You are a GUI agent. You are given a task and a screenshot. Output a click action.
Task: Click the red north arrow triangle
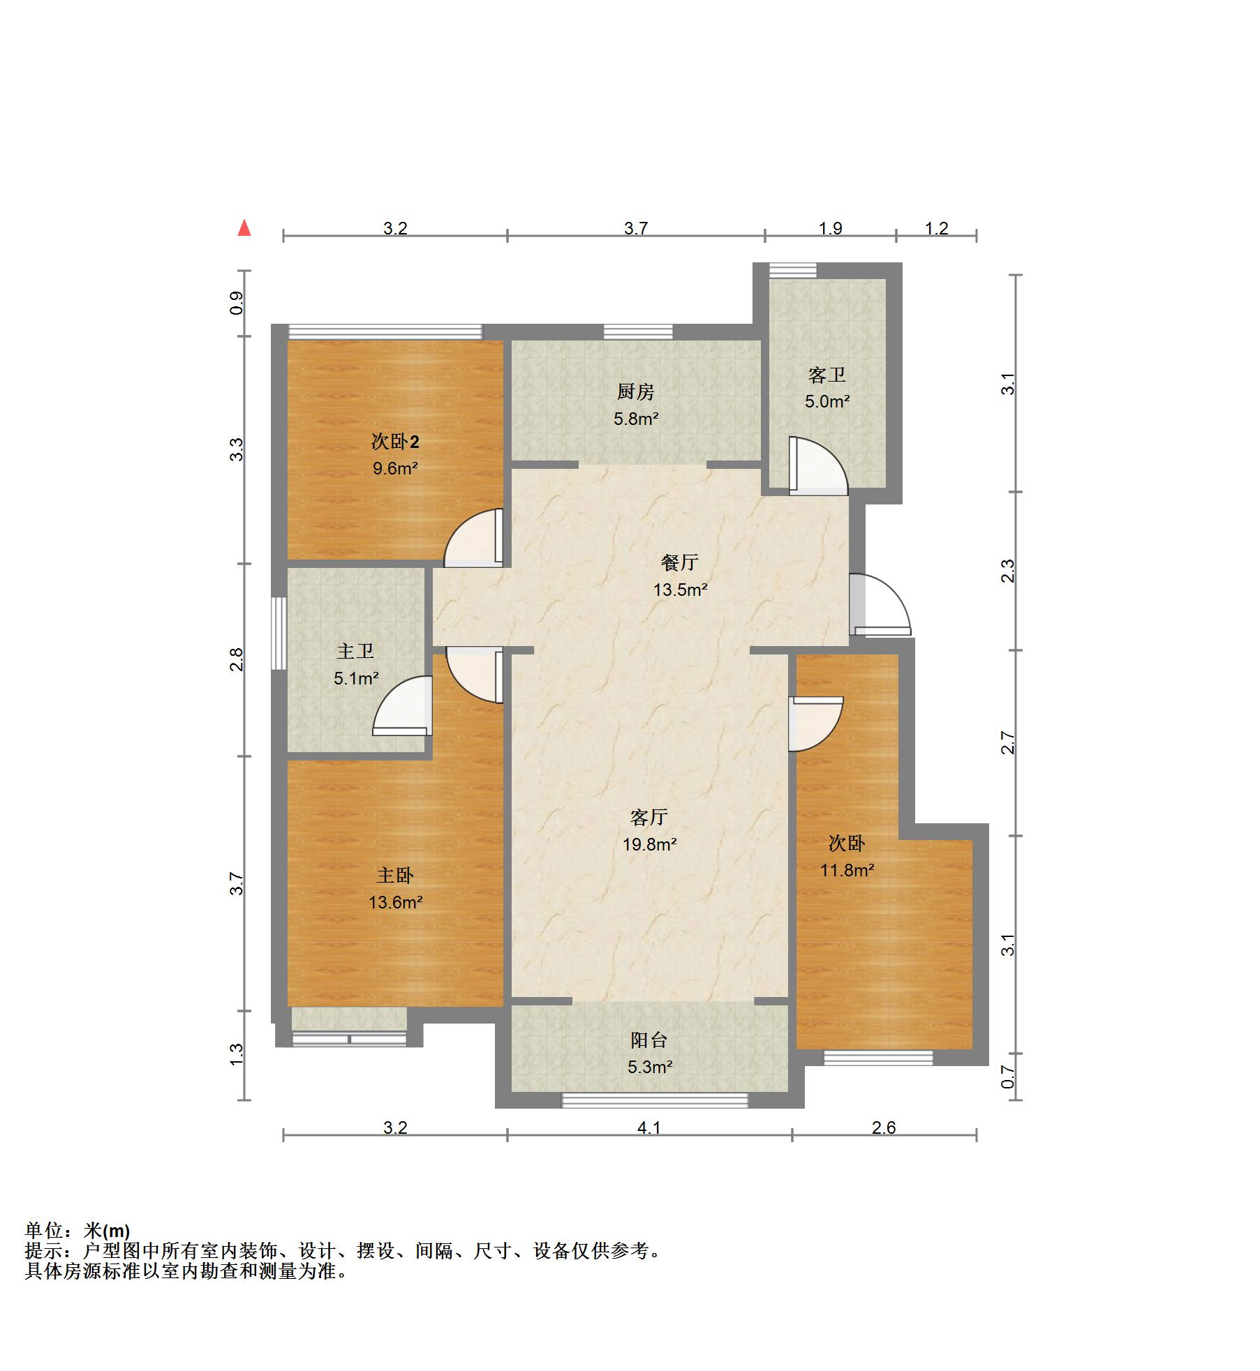[244, 228]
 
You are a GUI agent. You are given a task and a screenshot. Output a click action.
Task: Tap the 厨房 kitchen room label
[635, 392]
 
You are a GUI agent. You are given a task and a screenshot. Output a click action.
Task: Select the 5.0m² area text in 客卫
[827, 402]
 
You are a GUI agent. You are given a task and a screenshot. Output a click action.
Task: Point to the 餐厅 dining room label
[679, 562]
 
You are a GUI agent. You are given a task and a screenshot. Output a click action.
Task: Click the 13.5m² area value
[680, 590]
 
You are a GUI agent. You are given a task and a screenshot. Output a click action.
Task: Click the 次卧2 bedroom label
[395, 442]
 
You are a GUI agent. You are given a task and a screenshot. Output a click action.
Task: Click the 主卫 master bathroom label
[355, 652]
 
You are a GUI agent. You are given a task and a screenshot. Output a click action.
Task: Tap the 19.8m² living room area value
[649, 845]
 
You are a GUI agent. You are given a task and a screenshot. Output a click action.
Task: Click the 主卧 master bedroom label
[395, 876]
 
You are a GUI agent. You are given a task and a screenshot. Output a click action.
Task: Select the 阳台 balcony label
[649, 1040]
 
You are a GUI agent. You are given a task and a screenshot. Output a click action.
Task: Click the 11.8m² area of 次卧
[847, 870]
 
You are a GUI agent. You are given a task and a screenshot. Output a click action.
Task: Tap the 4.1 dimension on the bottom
[648, 1128]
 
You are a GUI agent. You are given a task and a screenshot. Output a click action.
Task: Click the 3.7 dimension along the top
[635, 229]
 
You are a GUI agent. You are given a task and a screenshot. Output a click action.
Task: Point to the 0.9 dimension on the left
[237, 303]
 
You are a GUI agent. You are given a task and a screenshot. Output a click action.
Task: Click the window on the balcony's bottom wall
[654, 1100]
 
